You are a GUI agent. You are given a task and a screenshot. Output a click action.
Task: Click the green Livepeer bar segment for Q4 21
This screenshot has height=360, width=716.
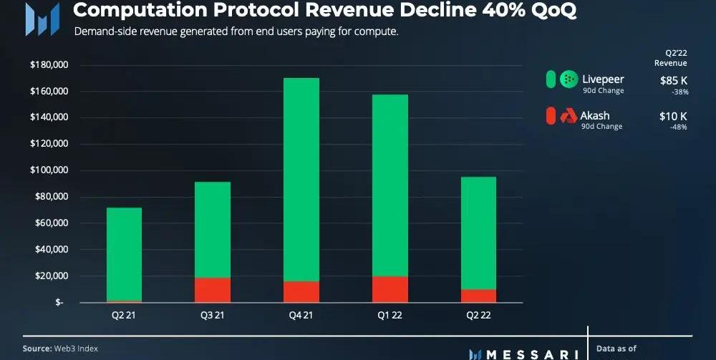[x=301, y=179]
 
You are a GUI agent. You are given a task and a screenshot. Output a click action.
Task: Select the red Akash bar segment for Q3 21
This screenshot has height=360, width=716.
[x=213, y=290]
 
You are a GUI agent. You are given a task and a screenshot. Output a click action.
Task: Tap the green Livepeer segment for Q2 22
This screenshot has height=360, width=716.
[x=478, y=233]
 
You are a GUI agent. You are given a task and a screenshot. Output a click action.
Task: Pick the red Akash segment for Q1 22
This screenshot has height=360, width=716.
[x=390, y=289]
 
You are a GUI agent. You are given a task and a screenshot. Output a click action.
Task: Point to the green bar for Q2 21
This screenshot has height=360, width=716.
[x=124, y=254]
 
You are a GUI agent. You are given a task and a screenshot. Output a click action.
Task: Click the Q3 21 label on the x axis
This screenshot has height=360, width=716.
[x=213, y=316]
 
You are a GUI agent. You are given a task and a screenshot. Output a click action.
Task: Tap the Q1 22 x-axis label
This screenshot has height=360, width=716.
[x=390, y=316]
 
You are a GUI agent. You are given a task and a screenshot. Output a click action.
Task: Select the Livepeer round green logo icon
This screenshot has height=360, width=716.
[x=569, y=79]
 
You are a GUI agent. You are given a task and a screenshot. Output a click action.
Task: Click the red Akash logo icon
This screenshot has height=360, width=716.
[x=569, y=115]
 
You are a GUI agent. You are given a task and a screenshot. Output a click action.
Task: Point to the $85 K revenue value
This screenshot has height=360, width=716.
[x=673, y=81]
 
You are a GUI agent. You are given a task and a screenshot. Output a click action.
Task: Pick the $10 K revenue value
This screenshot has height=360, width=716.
[x=673, y=116]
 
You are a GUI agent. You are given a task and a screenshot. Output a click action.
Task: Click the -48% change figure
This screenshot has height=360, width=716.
[x=678, y=127]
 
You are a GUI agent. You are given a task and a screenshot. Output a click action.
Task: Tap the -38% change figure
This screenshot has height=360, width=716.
[x=678, y=92]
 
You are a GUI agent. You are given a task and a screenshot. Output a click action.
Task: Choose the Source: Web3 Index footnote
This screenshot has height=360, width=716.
[x=60, y=349]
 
